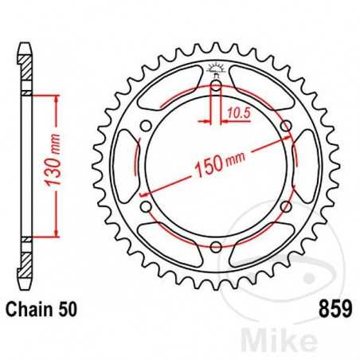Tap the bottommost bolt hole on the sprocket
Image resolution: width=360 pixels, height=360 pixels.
215,247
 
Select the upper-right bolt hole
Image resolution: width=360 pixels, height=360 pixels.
286,125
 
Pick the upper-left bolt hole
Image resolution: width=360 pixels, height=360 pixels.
144,125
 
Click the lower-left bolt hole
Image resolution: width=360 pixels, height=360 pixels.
144,206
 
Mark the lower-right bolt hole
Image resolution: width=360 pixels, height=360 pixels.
286,206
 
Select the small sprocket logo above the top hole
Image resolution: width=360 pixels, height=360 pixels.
215,68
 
